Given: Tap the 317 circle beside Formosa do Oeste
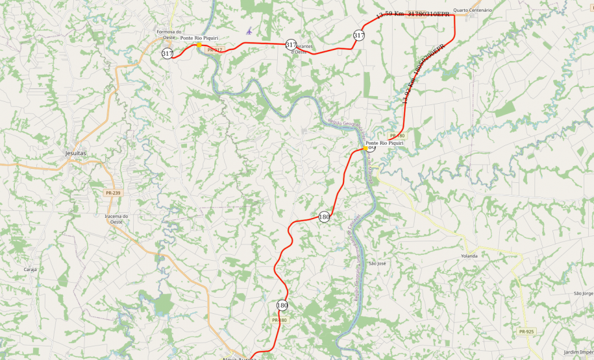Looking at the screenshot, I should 167,53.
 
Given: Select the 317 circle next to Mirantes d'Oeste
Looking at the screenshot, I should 291,44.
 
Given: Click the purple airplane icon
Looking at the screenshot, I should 249,30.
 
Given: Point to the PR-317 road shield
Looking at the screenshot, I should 214,50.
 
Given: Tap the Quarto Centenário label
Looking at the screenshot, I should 473,10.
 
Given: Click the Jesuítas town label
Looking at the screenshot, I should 76,152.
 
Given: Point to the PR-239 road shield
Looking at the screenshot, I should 112,193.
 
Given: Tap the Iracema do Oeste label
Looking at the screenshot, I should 117,219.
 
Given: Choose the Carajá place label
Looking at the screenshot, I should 31,269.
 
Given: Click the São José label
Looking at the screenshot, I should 377,264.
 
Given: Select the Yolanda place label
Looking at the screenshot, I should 469,256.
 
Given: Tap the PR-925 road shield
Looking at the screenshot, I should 526,331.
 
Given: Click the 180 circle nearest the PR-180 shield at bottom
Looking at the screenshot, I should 282,305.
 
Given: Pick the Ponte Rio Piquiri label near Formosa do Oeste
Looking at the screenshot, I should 199,38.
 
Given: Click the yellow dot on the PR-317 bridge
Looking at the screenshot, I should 198,45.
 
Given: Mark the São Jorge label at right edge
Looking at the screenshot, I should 583,293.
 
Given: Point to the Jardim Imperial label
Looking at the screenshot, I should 579,352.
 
